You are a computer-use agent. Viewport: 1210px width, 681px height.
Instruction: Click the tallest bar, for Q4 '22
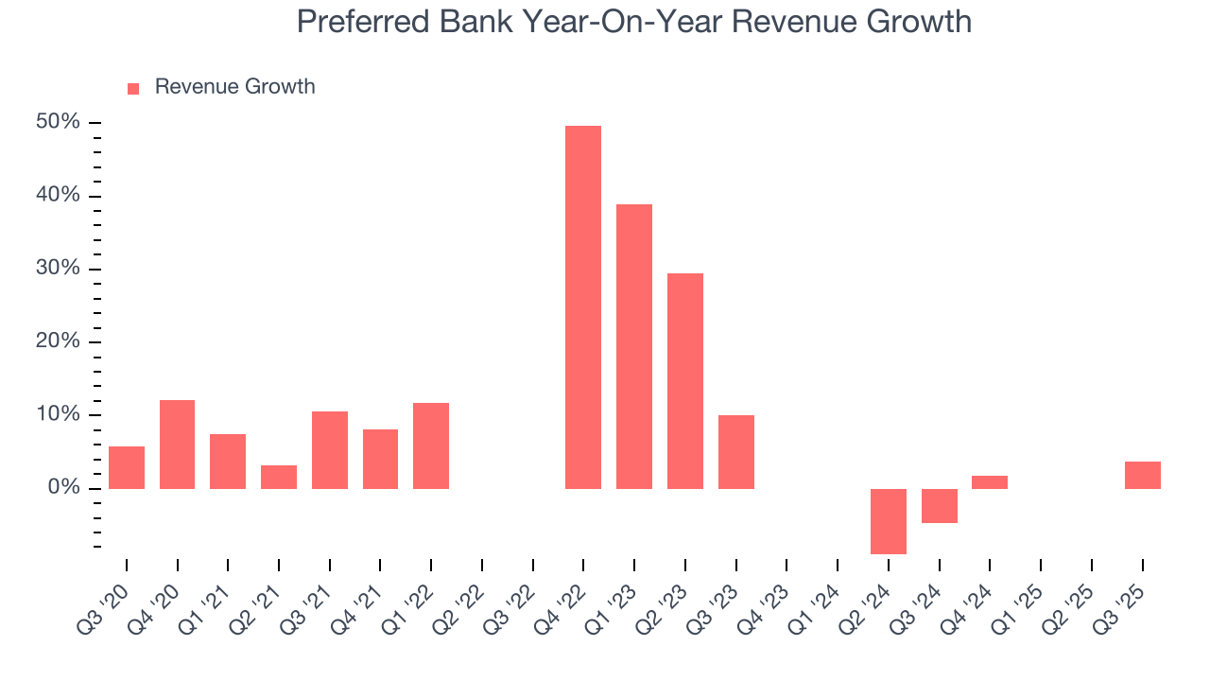[x=583, y=307]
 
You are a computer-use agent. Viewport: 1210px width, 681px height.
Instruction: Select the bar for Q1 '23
[x=634, y=346]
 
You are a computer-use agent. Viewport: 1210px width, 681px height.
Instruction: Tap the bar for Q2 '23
[x=685, y=381]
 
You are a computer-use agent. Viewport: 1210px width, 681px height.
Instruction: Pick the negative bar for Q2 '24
[x=889, y=521]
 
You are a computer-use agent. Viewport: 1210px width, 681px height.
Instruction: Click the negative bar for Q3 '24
[x=940, y=506]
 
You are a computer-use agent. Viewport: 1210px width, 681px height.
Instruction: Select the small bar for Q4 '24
[x=990, y=482]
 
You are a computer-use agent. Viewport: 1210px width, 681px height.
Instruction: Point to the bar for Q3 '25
[x=1142, y=475]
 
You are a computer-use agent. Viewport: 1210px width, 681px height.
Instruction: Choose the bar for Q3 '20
[x=127, y=467]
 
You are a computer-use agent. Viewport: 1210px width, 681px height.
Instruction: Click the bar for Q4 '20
[x=178, y=445]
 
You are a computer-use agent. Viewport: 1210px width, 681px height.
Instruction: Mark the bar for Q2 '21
[x=279, y=477]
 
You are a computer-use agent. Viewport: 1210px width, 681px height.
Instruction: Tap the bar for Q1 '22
[x=431, y=445]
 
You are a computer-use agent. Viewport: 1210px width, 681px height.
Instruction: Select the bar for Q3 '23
[x=736, y=452]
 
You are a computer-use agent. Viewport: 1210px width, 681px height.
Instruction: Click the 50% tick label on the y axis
[x=58, y=123]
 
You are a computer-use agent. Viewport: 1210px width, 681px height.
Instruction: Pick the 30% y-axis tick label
[x=58, y=269]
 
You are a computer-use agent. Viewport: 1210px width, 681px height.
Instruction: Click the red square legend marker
[x=133, y=88]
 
